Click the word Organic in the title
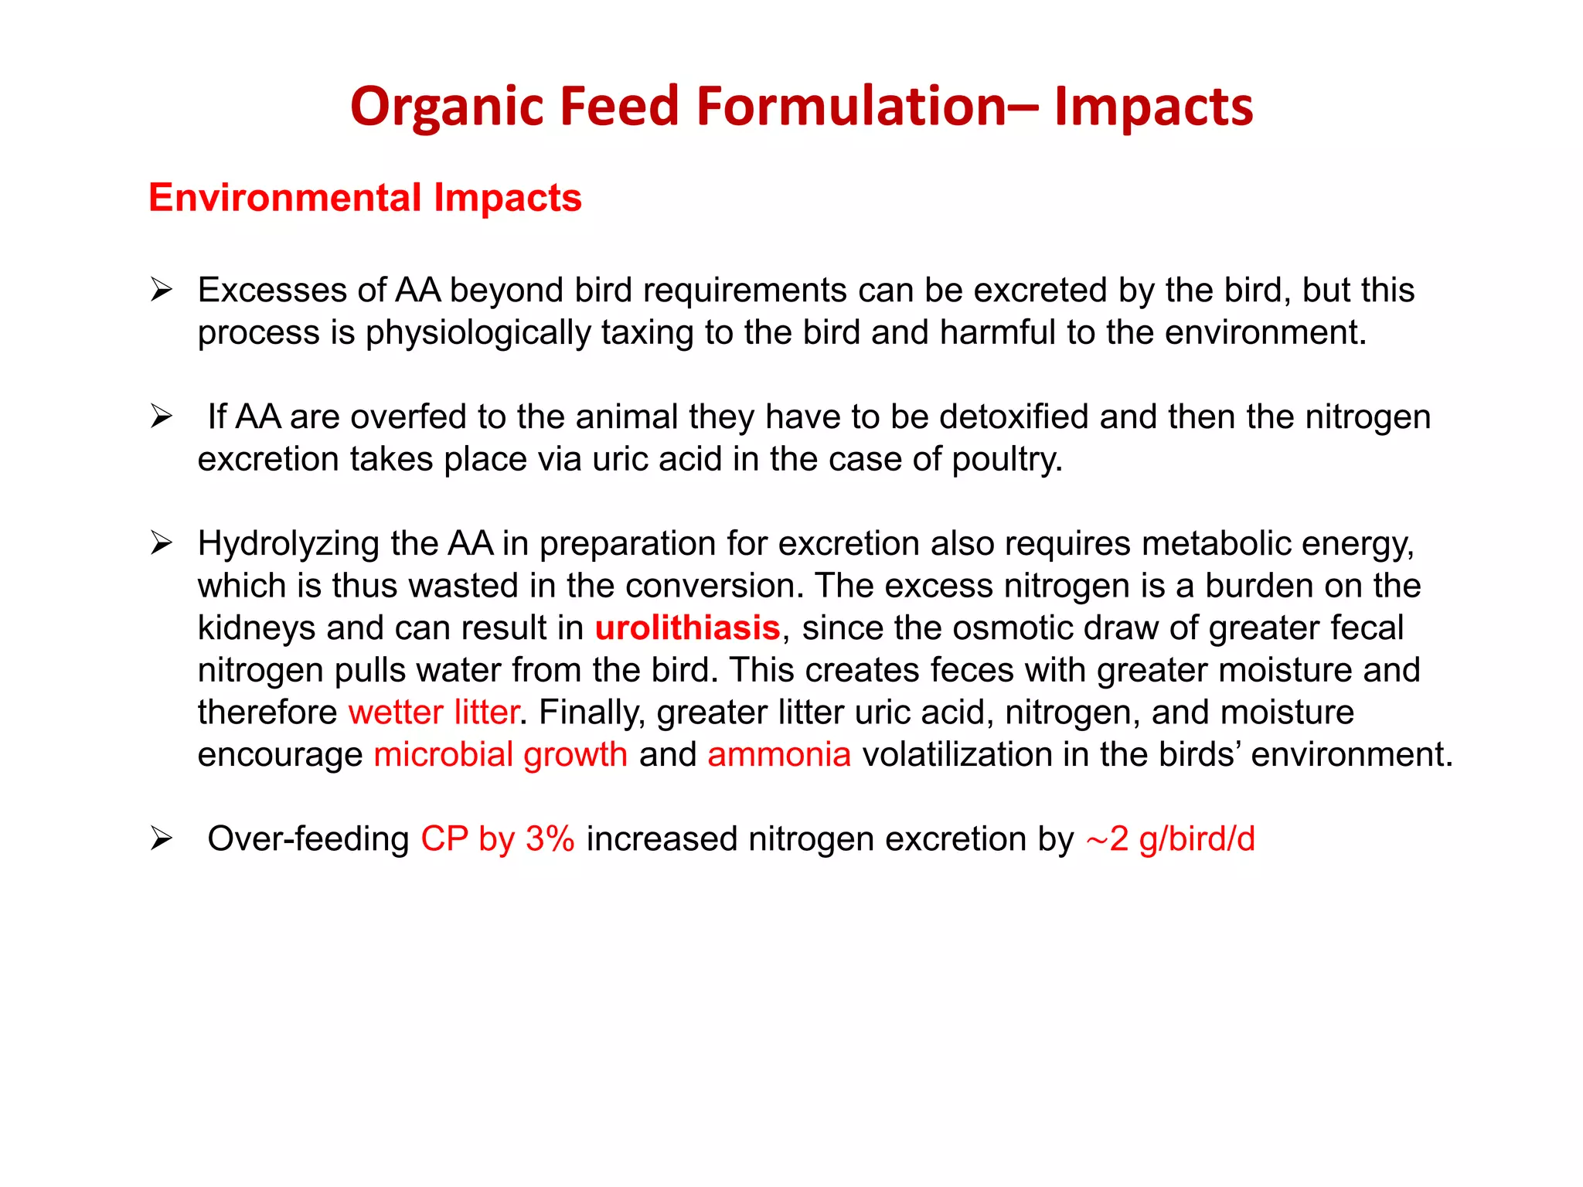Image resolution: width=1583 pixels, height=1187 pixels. click(446, 107)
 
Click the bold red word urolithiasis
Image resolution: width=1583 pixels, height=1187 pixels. click(687, 628)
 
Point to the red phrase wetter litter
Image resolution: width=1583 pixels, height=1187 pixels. click(433, 712)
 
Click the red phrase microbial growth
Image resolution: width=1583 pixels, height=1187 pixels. click(500, 754)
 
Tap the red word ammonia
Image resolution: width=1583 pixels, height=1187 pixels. click(778, 754)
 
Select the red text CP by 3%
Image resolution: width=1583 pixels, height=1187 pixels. click(497, 838)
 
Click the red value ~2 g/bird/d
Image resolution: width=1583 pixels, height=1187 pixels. click(1170, 838)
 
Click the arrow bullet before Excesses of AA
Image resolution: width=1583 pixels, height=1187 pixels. click(161, 290)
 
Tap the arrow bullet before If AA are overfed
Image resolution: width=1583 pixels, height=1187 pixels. click(161, 417)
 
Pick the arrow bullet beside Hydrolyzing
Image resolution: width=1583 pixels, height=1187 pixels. click(161, 543)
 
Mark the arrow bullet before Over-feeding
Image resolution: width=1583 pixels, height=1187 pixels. click(161, 838)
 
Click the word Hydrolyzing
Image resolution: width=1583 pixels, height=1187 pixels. click(288, 543)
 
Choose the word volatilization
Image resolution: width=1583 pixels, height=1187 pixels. click(956, 754)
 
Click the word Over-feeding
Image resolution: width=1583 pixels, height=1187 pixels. click(308, 838)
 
